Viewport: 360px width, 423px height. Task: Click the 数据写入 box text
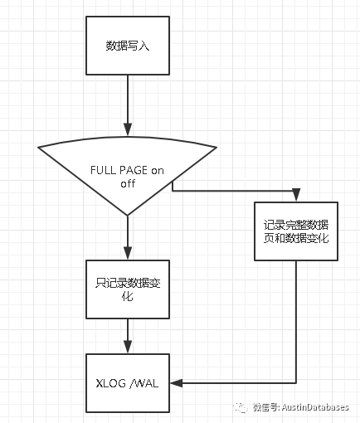tap(128, 46)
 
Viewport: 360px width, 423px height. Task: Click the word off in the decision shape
tap(128, 183)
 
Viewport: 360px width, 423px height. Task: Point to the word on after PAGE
tap(158, 171)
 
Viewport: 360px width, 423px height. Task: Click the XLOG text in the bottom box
tap(110, 383)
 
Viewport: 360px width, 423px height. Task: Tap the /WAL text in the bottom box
tap(144, 383)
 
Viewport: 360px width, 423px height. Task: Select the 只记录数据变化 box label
tap(128, 289)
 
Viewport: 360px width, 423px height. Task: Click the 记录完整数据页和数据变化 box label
tap(296, 231)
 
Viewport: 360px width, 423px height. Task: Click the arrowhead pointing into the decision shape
tap(128, 129)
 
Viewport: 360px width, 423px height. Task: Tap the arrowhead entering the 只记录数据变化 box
tap(128, 253)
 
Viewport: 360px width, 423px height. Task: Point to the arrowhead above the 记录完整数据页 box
tap(296, 195)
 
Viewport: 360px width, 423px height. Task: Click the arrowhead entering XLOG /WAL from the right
tap(177, 383)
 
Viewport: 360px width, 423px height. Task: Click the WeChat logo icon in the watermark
tap(241, 407)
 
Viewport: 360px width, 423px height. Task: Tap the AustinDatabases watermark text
tap(315, 407)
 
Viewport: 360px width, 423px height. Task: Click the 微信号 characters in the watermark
tap(265, 407)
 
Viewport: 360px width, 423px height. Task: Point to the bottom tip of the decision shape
tap(128, 215)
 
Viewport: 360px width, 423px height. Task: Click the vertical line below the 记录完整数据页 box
tap(296, 322)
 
